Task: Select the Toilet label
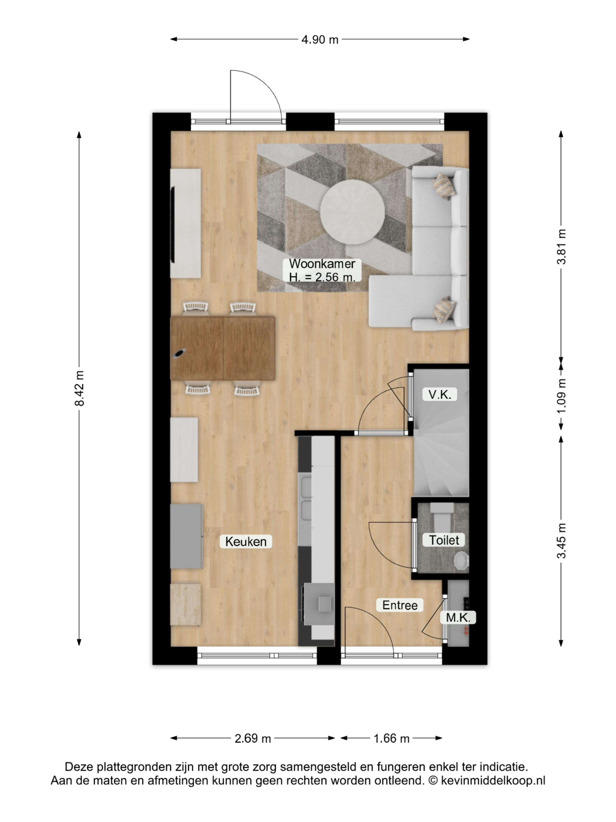coord(444,540)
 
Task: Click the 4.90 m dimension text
coord(320,39)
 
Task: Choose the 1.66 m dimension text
coord(391,738)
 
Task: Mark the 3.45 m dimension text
coord(561,540)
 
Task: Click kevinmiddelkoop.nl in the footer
coord(493,781)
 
